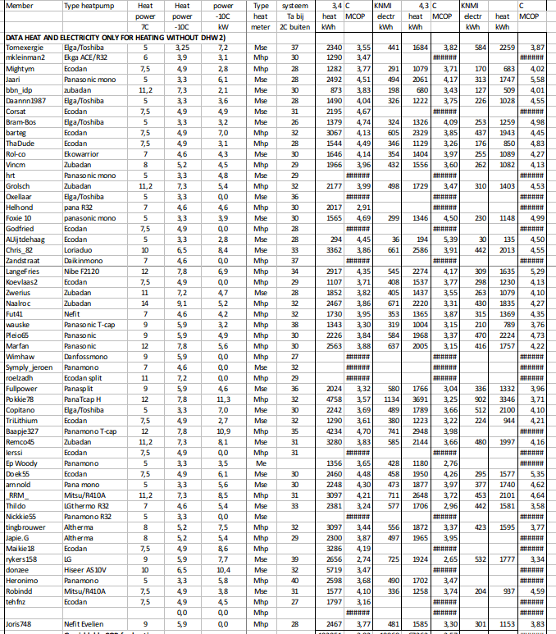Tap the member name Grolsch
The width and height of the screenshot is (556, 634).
point(16,186)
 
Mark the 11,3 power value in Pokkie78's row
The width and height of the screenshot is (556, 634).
point(225,398)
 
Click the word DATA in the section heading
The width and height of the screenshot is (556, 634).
point(15,38)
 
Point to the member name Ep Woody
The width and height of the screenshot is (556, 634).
point(22,463)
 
